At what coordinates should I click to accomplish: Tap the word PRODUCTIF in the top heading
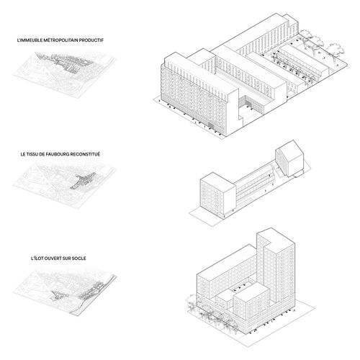click(x=91, y=40)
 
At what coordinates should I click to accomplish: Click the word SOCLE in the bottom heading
click(x=78, y=258)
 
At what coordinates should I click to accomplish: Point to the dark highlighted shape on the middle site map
click(x=83, y=181)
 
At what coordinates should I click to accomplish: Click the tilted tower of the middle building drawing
click(x=289, y=158)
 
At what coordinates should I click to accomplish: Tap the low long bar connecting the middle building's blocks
click(x=254, y=184)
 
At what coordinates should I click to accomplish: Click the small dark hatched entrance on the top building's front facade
click(x=211, y=125)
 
